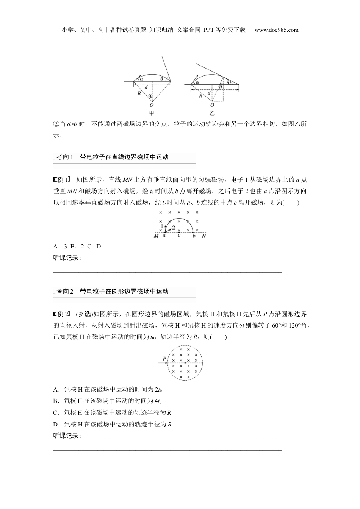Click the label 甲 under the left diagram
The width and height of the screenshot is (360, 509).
click(x=152, y=113)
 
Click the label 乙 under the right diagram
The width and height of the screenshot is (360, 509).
click(x=212, y=113)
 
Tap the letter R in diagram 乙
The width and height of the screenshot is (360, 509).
click(x=200, y=95)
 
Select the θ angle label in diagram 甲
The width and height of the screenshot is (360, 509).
click(x=162, y=79)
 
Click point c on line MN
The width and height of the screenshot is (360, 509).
click(x=179, y=235)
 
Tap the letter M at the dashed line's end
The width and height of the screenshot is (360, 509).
click(x=156, y=236)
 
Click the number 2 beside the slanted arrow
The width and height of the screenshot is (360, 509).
click(x=173, y=228)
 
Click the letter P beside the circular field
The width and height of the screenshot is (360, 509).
click(x=164, y=358)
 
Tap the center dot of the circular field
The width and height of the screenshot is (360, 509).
click(x=185, y=363)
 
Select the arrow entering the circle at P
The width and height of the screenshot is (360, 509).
click(x=163, y=363)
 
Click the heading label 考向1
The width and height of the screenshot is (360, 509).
click(x=64, y=157)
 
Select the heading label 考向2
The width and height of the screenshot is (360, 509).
click(x=64, y=291)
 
